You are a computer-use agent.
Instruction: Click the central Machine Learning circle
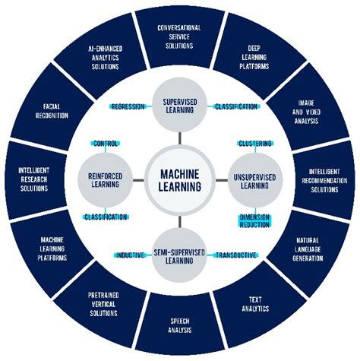[180, 180]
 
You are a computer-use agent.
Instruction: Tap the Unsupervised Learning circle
[254, 179]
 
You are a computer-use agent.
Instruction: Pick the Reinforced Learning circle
[106, 179]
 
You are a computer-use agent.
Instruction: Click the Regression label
[128, 107]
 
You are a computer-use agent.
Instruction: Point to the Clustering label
[254, 143]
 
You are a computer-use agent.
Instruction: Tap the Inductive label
[131, 255]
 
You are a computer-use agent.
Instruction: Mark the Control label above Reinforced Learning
[106, 143]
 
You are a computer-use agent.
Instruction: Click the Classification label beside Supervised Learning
[235, 107]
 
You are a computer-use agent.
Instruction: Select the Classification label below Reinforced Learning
[106, 217]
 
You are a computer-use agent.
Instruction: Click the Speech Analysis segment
[180, 325]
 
